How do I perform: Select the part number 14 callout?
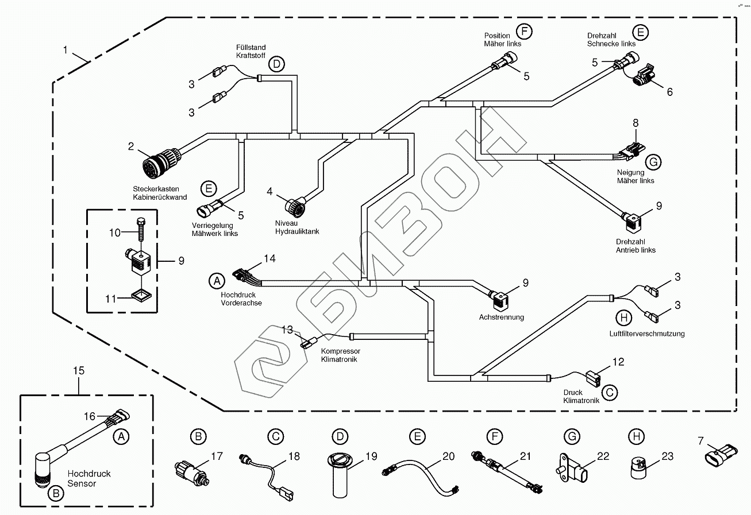pos(269,259)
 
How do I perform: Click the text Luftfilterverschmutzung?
pos(647,334)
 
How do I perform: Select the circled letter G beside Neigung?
pos(653,162)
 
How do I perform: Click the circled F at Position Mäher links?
pos(523,31)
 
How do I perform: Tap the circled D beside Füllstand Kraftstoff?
pos(276,64)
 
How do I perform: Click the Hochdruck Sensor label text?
pos(89,478)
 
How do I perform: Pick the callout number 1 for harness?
pos(66,50)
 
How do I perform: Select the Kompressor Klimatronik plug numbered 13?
pos(308,343)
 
